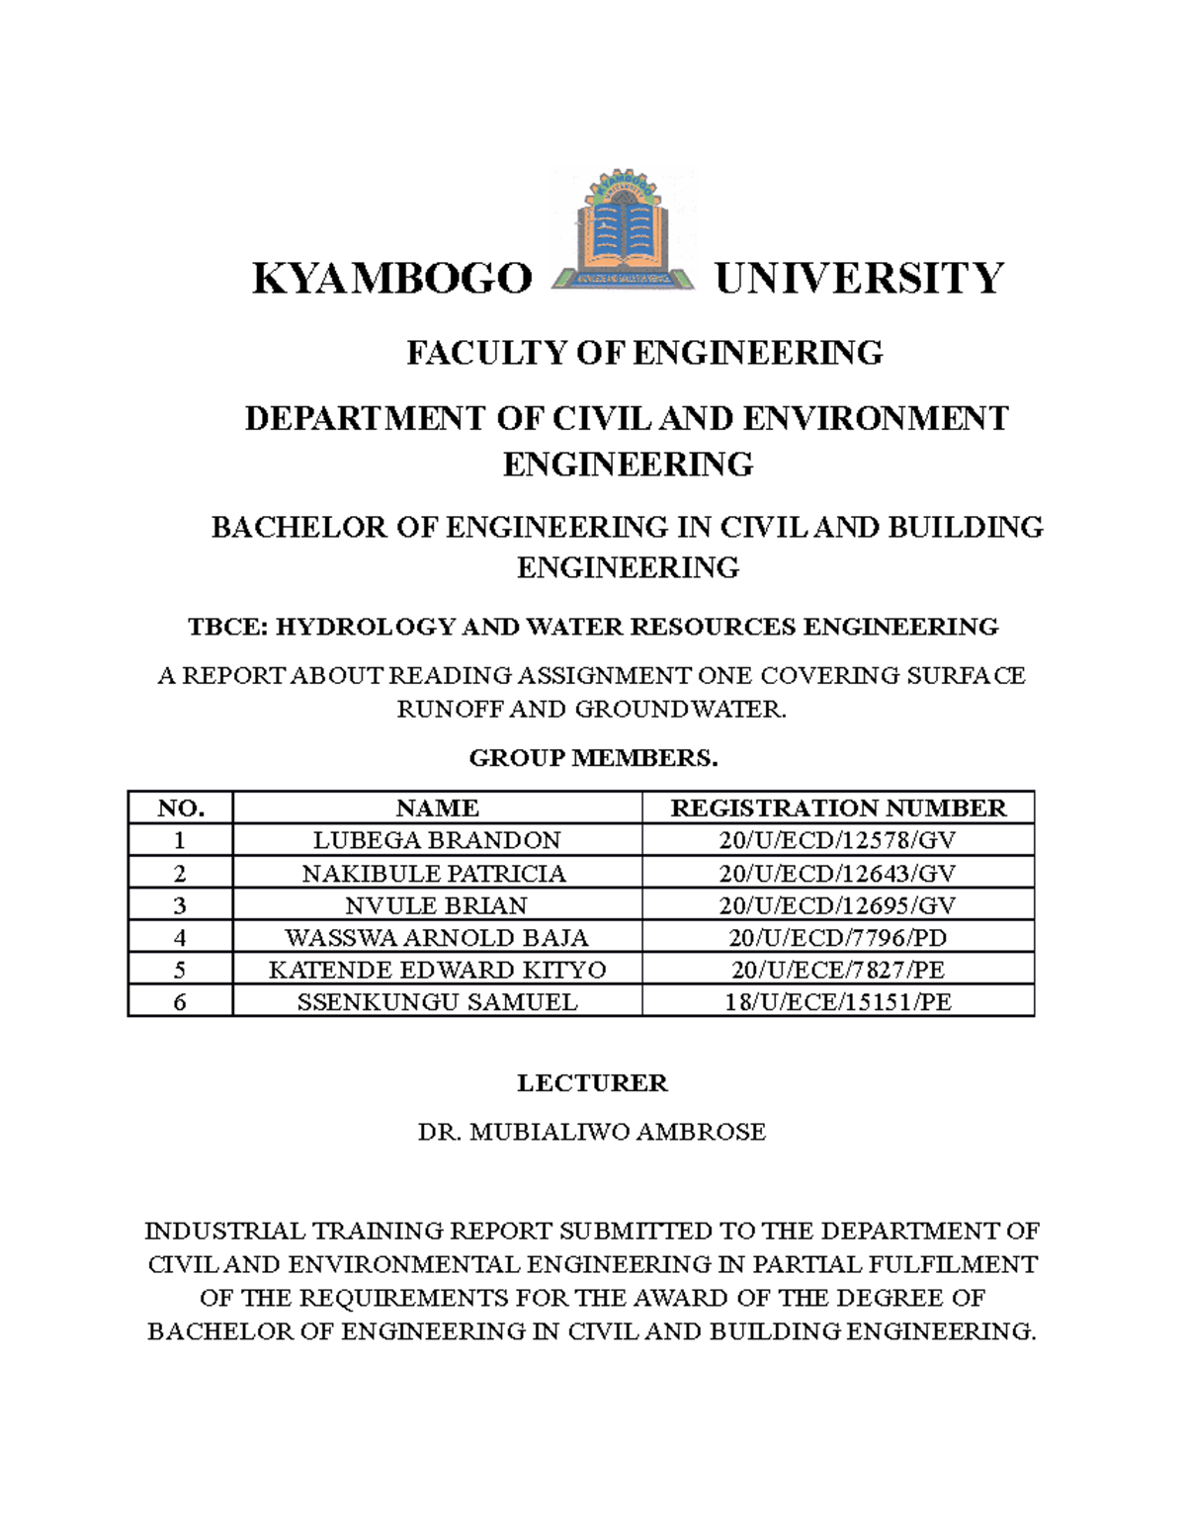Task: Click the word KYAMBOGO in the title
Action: pos(392,279)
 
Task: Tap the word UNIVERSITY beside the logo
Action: pos(859,279)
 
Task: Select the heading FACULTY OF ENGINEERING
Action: pos(644,353)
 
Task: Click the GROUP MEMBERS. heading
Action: pos(593,758)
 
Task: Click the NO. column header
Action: pos(181,808)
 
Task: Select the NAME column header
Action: pos(437,808)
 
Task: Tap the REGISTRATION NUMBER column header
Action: pos(838,808)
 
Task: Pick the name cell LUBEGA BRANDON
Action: pos(437,840)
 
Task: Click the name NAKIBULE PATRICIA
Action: pos(434,874)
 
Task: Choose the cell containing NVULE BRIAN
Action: pos(436,905)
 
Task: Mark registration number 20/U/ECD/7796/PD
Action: pos(837,937)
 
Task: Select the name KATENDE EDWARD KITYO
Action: pos(437,970)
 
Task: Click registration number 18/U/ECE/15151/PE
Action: pos(837,1002)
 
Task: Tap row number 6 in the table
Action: pos(180,1002)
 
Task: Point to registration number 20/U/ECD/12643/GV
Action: pos(837,874)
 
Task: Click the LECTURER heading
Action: pos(592,1083)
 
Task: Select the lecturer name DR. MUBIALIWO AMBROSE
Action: pos(592,1132)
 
